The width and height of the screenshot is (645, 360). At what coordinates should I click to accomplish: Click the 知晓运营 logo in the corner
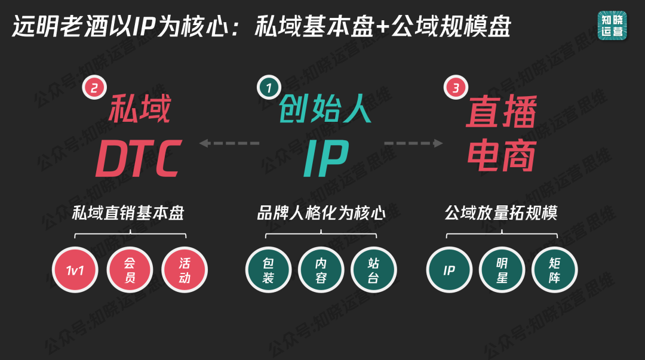[x=612, y=26]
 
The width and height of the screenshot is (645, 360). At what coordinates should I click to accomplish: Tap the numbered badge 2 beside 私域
[x=94, y=87]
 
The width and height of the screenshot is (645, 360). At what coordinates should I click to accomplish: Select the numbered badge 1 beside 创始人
[x=269, y=87]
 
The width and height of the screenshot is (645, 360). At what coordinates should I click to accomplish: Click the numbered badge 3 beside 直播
[x=456, y=87]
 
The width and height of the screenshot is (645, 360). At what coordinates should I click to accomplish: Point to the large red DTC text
[x=139, y=158]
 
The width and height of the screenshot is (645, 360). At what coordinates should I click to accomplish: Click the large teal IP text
[x=326, y=158]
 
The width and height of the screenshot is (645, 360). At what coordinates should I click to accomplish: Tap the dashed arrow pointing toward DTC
[x=229, y=143]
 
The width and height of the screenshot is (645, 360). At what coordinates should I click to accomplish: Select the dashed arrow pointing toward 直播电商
[x=413, y=143]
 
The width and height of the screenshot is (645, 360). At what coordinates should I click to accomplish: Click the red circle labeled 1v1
[x=75, y=270]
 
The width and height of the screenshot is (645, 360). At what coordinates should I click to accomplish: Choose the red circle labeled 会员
[x=130, y=270]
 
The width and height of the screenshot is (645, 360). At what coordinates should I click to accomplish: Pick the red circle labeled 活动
[x=185, y=270]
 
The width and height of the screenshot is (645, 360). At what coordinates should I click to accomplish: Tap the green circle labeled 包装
[x=268, y=270]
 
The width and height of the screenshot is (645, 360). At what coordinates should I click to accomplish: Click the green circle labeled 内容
[x=321, y=270]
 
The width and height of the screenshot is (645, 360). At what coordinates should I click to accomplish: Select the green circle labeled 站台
[x=373, y=270]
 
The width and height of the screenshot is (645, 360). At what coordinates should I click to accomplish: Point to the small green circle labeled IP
[x=449, y=270]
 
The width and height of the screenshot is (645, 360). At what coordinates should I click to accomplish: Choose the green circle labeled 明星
[x=502, y=270]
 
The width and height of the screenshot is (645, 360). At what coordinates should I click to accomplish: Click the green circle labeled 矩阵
[x=554, y=270]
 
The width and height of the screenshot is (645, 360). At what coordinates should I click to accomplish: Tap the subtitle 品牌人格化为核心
[x=321, y=213]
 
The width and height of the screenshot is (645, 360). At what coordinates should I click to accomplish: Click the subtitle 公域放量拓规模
[x=501, y=213]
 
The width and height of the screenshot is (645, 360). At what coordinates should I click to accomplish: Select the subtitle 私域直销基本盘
[x=128, y=213]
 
